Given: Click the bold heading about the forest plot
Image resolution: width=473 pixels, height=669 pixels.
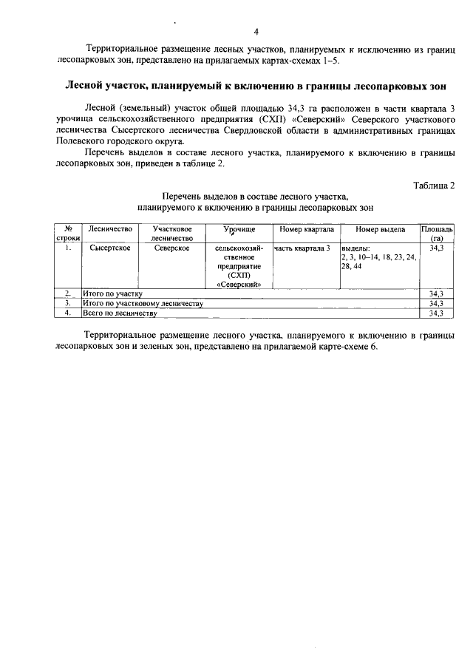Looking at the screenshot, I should click(x=256, y=86).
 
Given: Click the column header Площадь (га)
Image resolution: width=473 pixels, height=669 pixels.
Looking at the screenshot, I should click(x=437, y=234).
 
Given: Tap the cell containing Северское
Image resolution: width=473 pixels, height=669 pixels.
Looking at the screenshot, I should click(x=171, y=248).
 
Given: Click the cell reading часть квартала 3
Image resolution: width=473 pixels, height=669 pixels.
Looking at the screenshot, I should click(x=302, y=248).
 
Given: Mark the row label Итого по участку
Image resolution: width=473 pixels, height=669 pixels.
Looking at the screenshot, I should click(x=113, y=293).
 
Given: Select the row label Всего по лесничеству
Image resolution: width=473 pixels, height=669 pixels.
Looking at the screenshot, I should click(x=120, y=313).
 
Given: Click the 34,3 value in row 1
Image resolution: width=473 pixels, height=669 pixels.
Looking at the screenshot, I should click(x=436, y=248).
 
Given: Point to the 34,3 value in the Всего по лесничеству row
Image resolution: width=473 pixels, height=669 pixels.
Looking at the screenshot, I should click(x=436, y=313).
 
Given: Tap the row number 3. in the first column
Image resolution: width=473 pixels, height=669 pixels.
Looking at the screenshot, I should click(x=67, y=303).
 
